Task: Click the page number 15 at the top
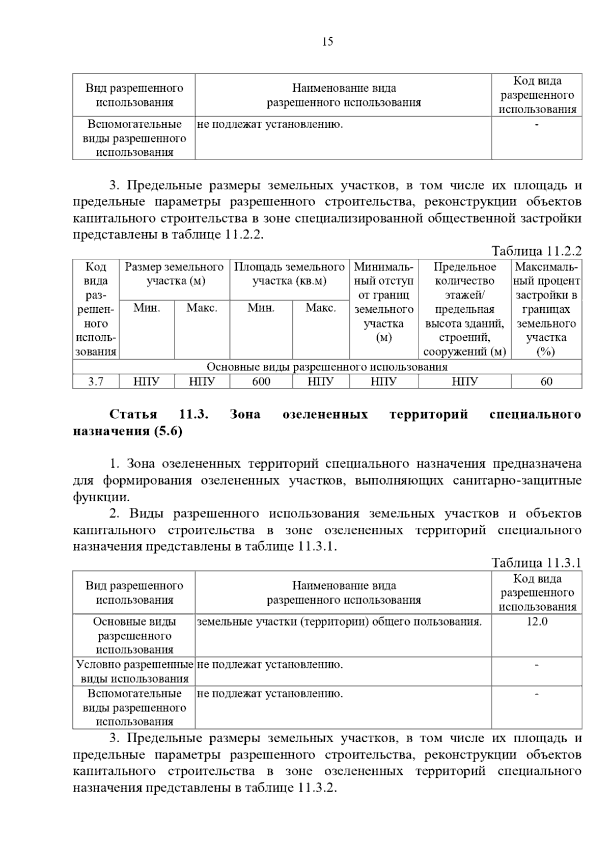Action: [x=327, y=42]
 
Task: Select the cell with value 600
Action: [x=261, y=382]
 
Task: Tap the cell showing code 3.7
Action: [x=96, y=382]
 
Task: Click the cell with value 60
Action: [x=546, y=382]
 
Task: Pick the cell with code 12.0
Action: [x=537, y=621]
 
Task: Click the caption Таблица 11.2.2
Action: [x=536, y=251]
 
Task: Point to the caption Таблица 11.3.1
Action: [x=536, y=563]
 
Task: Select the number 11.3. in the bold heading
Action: [x=194, y=414]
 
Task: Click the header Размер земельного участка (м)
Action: [x=174, y=274]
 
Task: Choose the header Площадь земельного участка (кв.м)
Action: [x=289, y=274]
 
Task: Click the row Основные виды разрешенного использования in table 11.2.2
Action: [x=327, y=367]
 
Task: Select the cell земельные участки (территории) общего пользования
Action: [x=339, y=621]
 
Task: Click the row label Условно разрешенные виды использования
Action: [x=134, y=671]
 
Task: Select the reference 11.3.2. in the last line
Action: [x=318, y=788]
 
